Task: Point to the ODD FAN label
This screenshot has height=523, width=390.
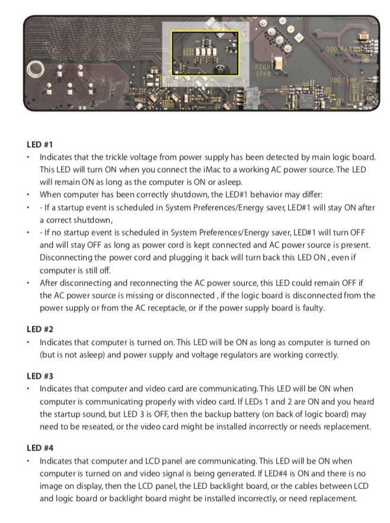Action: (x=339, y=48)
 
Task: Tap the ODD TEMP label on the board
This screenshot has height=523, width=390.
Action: (x=344, y=80)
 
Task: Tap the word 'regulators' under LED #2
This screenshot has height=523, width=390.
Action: (x=239, y=355)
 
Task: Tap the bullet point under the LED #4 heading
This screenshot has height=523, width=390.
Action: (x=28, y=461)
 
